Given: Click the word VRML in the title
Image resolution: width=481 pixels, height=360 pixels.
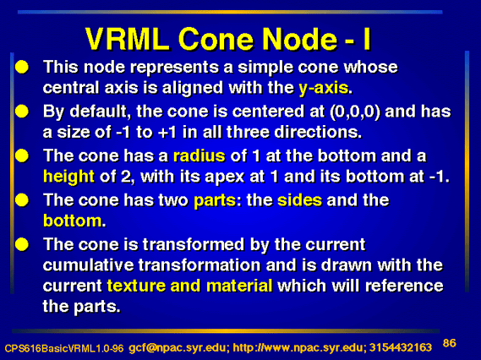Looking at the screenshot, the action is point(128,39).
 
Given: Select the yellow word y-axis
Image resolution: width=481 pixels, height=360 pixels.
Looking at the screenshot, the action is point(324,88).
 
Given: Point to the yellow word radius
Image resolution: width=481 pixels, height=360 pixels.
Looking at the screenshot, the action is point(200,155).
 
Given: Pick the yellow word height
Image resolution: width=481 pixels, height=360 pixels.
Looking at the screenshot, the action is point(68,177).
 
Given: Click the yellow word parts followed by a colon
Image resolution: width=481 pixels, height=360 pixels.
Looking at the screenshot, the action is point(215,201).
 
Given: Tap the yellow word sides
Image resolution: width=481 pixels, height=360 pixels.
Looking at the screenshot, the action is point(300,200).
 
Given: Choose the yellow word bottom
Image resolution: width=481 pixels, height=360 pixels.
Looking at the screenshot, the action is point(73,221).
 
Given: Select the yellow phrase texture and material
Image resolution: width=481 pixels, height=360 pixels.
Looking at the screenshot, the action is point(189,286).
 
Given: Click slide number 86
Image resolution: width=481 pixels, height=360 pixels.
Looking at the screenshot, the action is point(450,343).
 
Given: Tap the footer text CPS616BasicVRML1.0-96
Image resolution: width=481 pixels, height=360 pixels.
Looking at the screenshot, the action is point(63,348).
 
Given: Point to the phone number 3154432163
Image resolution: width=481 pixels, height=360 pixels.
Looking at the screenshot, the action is point(401,347).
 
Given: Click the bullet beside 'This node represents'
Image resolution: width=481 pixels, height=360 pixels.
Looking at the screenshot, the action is point(22,67).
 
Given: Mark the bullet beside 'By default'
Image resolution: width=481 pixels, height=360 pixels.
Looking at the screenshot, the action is point(22,112).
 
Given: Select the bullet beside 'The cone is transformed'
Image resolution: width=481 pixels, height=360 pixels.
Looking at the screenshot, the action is point(22,244).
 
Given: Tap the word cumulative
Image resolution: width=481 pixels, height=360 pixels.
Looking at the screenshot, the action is point(88,265).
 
